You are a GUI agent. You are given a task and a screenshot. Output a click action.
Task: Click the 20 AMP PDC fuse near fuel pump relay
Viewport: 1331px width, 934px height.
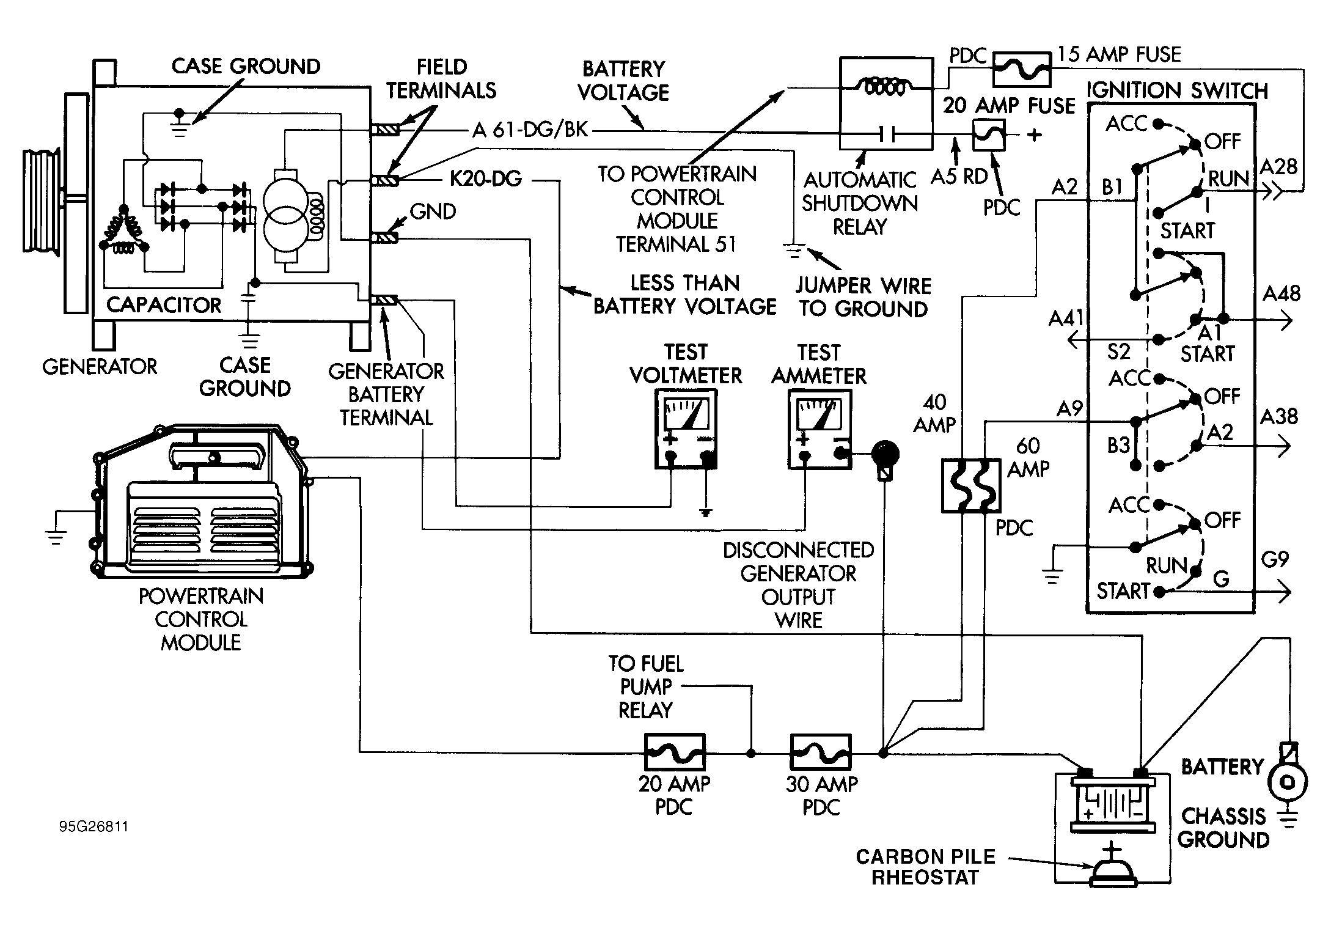675,752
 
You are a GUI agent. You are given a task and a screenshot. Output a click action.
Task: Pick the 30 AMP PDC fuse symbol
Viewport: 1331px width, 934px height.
821,752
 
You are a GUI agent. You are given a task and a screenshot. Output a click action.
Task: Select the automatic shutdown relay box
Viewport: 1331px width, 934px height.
886,103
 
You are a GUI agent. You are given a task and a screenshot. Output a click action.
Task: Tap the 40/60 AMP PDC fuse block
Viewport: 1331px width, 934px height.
970,485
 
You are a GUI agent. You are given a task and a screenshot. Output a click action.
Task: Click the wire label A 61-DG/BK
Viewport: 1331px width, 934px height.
530,130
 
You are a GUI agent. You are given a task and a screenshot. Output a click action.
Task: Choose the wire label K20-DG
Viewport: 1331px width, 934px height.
486,179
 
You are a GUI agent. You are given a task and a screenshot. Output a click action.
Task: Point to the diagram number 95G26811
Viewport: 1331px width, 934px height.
94,826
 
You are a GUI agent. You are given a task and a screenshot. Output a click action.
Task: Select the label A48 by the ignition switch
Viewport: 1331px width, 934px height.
1281,293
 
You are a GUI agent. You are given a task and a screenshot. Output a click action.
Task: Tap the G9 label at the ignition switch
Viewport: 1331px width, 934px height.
1275,559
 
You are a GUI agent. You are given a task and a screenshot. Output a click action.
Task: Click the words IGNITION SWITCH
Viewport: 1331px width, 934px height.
1177,90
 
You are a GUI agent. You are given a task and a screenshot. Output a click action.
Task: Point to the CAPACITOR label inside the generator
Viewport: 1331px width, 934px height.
164,305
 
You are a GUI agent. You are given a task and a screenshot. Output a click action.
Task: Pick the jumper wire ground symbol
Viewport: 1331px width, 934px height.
794,251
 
